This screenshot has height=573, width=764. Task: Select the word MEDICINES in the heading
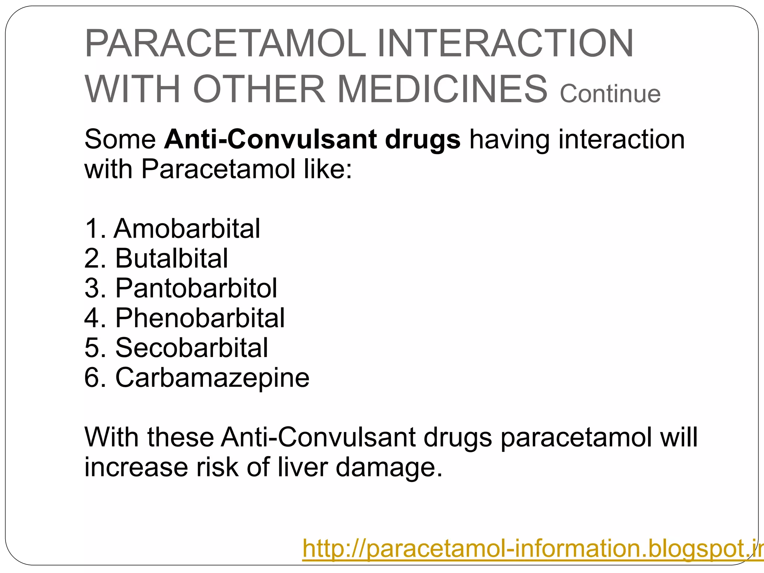(x=442, y=90)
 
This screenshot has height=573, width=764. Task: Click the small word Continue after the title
(x=610, y=94)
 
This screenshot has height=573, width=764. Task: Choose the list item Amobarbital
(x=187, y=228)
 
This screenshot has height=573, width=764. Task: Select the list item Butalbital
(x=171, y=258)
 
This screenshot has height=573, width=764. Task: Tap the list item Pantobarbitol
(x=196, y=288)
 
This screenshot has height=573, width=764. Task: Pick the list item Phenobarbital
(x=200, y=318)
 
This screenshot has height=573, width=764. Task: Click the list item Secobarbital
(x=191, y=348)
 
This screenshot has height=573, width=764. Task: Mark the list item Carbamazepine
(x=212, y=378)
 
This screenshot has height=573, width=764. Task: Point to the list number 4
(x=92, y=318)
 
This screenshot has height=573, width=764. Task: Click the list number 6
(x=92, y=378)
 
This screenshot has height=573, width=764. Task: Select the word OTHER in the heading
(x=259, y=90)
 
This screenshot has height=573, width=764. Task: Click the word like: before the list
(x=327, y=169)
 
